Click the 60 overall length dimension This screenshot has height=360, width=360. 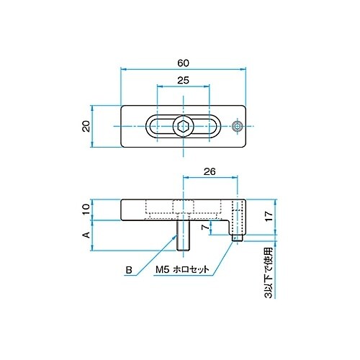pos(184,63)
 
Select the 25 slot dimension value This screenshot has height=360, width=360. pos(183,80)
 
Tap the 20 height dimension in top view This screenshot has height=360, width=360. pos(86,126)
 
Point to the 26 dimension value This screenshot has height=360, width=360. pos(210,171)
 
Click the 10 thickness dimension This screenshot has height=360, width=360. pos(86,210)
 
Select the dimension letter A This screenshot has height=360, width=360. pos(86,235)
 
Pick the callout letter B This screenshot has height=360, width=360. pos(129,270)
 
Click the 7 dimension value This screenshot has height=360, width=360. pos(205,227)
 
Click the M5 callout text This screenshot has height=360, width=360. pos(163,269)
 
